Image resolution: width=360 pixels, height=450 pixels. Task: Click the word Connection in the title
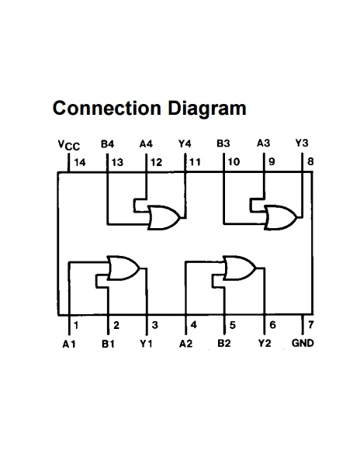[107, 108]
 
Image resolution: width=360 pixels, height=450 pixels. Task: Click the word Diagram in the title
[207, 109]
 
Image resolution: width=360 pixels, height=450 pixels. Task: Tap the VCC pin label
[69, 145]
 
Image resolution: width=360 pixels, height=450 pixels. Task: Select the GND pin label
[303, 343]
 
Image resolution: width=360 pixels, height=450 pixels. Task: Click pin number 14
[80, 162]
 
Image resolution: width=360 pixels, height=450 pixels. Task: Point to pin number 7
[310, 324]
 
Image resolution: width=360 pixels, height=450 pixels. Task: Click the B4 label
[108, 144]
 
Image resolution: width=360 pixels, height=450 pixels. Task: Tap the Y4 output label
[185, 144]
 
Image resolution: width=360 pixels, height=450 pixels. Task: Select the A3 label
[263, 143]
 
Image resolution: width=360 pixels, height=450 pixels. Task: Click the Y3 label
[302, 143]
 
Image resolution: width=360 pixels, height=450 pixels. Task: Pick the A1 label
[69, 344]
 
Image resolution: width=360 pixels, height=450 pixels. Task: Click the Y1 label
[146, 343]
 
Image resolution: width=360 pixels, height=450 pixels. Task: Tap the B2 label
[224, 343]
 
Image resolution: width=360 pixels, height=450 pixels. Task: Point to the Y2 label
[265, 343]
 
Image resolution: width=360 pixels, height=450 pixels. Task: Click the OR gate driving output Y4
[164, 217]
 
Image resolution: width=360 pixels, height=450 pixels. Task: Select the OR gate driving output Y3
[281, 217]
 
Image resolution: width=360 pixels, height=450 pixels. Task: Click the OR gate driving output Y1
[123, 268]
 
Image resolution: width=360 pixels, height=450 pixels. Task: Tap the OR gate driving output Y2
[240, 268]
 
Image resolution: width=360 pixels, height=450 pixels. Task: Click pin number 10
[234, 162]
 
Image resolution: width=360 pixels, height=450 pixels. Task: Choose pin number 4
[194, 325]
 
